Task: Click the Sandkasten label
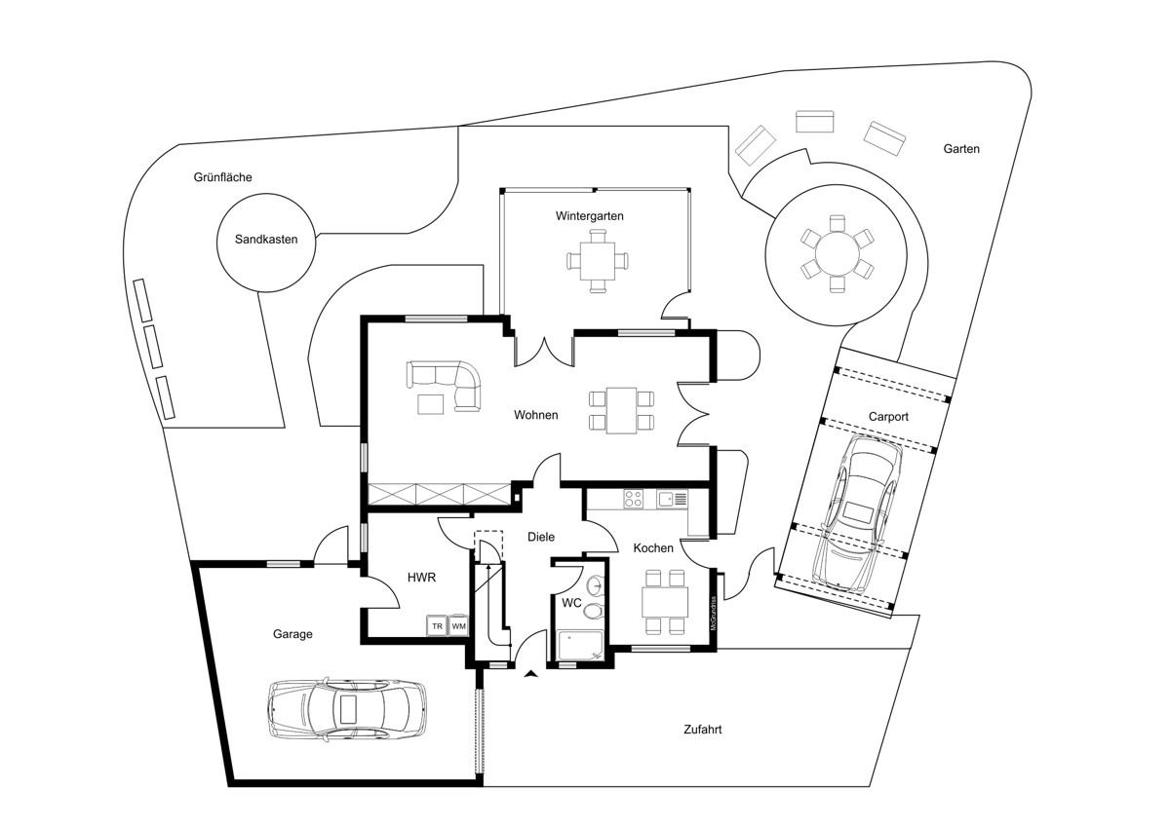pyautogui.click(x=266, y=240)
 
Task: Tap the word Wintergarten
pyautogui.click(x=589, y=216)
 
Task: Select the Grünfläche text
pyautogui.click(x=222, y=177)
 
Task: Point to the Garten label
pyautogui.click(x=961, y=149)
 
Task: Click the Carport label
pyautogui.click(x=888, y=417)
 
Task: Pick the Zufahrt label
pyautogui.click(x=703, y=730)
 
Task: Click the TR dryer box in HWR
pyautogui.click(x=437, y=626)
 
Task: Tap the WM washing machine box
pyautogui.click(x=458, y=626)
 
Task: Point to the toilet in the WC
pyautogui.click(x=594, y=611)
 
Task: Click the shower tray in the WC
pyautogui.click(x=580, y=646)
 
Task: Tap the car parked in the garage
pyautogui.click(x=346, y=709)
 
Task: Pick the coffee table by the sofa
pyautogui.click(x=431, y=404)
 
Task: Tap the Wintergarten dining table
pyautogui.click(x=598, y=261)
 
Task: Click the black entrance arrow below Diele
pyautogui.click(x=531, y=674)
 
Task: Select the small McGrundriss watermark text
pyautogui.click(x=713, y=613)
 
